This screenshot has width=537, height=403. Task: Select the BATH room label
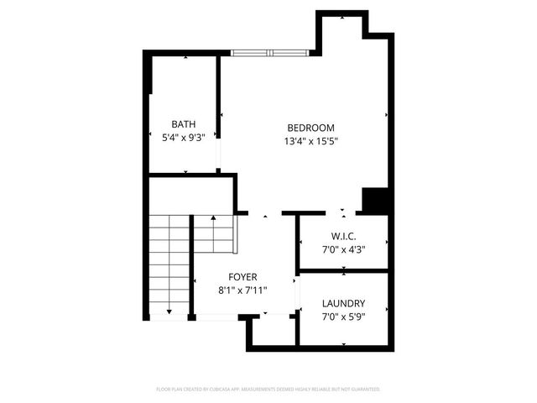pos(184,124)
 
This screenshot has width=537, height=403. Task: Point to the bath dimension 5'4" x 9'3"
pos(184,139)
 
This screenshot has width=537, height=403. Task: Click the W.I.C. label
pos(344,235)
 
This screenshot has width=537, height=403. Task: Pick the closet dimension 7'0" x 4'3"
pos(344,249)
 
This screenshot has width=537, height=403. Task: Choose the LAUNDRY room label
pos(343,303)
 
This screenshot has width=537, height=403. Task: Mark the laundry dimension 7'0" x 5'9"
pos(343,317)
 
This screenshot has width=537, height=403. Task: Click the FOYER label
pos(243,276)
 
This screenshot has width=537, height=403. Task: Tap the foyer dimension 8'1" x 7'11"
pos(243,290)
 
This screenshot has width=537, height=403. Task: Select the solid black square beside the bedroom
pos(375,201)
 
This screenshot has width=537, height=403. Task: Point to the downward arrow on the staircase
pos(169,310)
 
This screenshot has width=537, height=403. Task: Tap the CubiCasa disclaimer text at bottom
pos(268,390)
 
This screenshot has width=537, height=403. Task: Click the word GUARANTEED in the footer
pos(365,390)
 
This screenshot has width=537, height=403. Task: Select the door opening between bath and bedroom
pos(219,155)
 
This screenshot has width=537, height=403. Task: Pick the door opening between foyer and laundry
pos(298,294)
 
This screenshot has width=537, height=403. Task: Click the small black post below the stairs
pos(192,317)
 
